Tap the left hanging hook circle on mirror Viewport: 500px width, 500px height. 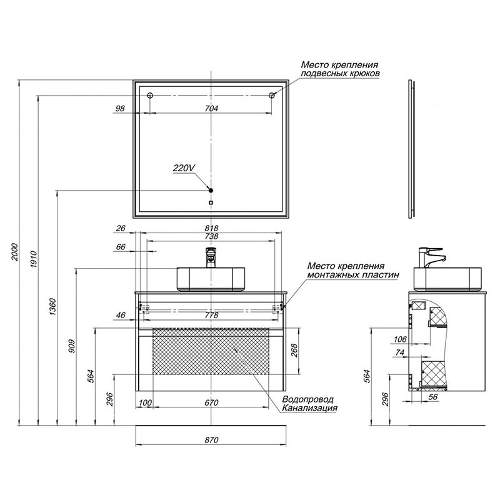pos(151,95)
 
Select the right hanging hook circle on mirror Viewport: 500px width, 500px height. pos(272,95)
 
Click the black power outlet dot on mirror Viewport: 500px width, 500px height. pos(211,190)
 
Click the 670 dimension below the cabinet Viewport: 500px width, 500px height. pos(211,403)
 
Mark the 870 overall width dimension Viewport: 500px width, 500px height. pos(211,441)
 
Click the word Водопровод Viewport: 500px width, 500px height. pos(308,399)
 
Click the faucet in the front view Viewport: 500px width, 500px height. pos(211,256)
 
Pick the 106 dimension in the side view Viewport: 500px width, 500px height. pos(401,339)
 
